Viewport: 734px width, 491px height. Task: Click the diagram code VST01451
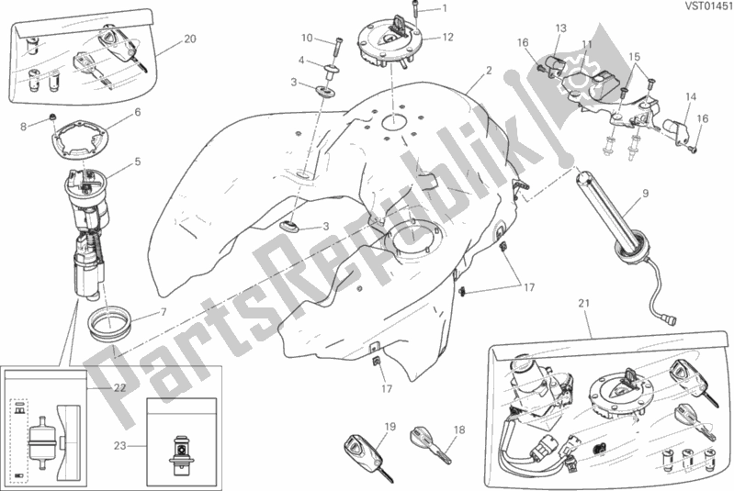pos(709,6)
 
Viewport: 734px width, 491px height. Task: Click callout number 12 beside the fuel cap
pos(448,37)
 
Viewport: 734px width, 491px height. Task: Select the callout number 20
pos(189,39)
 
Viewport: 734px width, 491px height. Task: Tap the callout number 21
pos(583,304)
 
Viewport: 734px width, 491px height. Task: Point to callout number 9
pos(646,193)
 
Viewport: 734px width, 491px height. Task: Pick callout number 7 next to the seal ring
pos(164,312)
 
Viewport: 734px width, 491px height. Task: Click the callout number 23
pos(120,446)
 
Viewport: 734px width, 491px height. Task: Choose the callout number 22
pos(119,387)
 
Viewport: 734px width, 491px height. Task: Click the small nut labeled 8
pos(53,116)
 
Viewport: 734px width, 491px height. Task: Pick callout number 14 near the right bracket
pos(691,96)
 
